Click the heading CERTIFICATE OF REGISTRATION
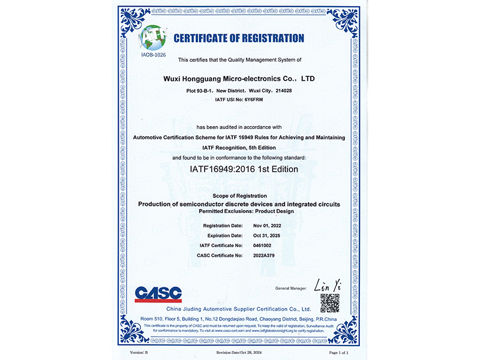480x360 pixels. pyautogui.click(x=239, y=38)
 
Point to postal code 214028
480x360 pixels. pyautogui.click(x=283, y=90)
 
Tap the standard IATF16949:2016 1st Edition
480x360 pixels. pyautogui.click(x=239, y=169)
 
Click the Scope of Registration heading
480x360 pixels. pyautogui.click(x=239, y=196)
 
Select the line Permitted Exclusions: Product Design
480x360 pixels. pyautogui.click(x=239, y=211)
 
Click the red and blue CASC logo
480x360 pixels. pyautogui.click(x=158, y=293)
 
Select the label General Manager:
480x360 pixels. pyautogui.click(x=290, y=289)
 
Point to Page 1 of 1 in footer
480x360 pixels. pyautogui.click(x=338, y=353)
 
